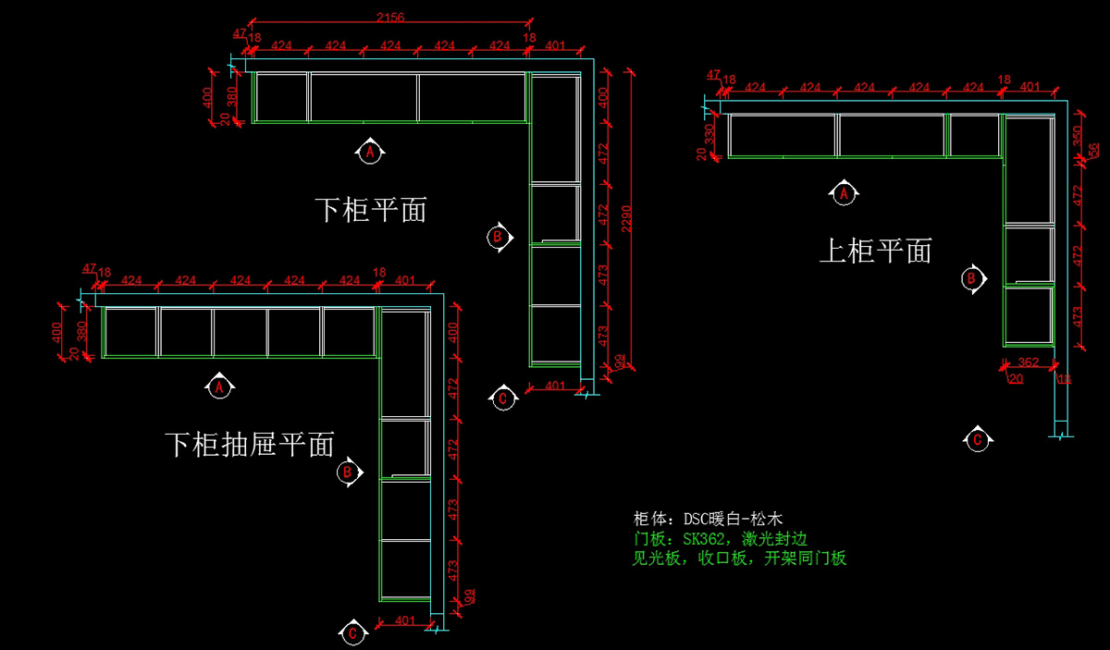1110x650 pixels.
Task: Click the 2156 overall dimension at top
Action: (x=390, y=16)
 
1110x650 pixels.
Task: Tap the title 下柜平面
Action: (x=371, y=210)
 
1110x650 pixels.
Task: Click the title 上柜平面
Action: (x=876, y=251)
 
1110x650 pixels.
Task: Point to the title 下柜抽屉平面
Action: (x=250, y=445)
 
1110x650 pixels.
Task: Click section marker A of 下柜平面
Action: (x=370, y=152)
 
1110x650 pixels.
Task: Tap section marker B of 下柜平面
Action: (x=498, y=238)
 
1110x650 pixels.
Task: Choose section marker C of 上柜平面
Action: (x=977, y=440)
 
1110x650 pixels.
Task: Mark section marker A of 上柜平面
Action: (x=843, y=194)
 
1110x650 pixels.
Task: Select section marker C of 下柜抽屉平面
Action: (x=351, y=634)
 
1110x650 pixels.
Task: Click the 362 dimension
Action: (x=1029, y=362)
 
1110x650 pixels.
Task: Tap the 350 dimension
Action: (x=1077, y=136)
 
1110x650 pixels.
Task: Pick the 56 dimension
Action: (x=1093, y=152)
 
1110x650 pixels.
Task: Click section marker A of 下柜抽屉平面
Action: (x=219, y=387)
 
